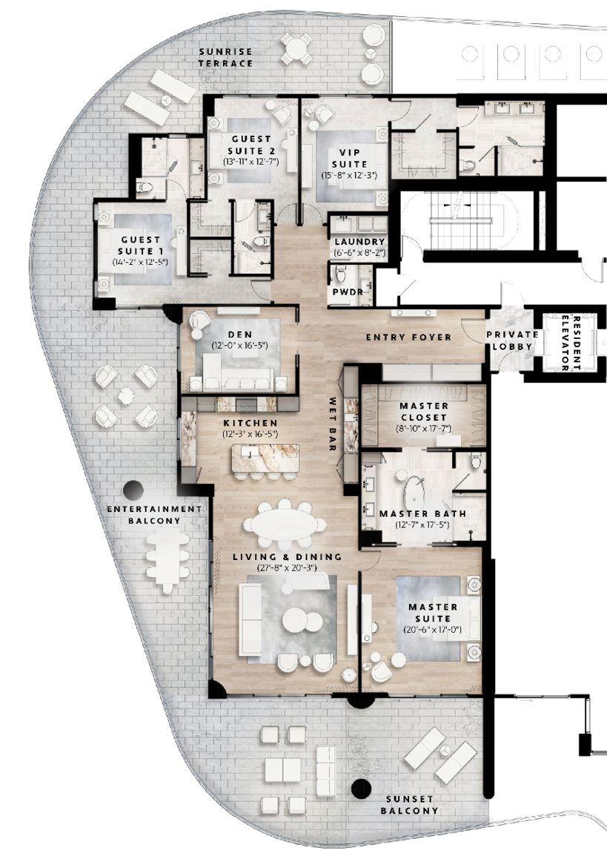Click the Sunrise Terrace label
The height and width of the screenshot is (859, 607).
coord(226,57)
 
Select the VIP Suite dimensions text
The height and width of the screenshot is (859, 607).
coord(351,175)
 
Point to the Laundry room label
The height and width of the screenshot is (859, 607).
coord(359,242)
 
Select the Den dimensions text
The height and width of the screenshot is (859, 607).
coord(239,346)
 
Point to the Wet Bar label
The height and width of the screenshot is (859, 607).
coord(333,425)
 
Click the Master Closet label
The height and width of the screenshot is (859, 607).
coord(423,412)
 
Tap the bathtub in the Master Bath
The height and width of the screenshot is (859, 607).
coord(414,491)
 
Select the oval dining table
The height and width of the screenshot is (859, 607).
coord(285,521)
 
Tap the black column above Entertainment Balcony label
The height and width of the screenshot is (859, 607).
coord(133,490)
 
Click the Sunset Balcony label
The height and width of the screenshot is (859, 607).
coord(409,805)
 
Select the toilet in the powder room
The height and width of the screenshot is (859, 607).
coord(340,274)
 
